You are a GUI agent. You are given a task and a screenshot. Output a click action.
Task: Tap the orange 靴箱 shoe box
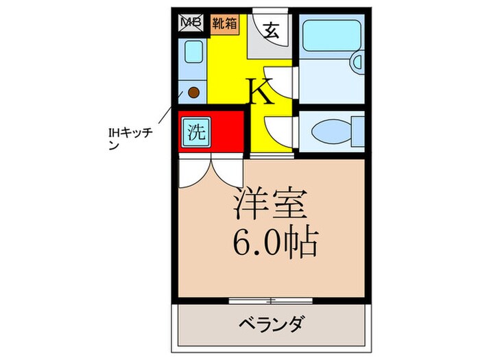click(x=224, y=22)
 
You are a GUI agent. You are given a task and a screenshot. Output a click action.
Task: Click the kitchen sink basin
click(x=193, y=52)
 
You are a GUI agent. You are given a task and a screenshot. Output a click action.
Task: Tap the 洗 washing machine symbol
click(x=195, y=130)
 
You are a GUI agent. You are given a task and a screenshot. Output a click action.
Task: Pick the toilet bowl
click(x=333, y=130)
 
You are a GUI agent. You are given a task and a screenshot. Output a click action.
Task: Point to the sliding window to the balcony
click(x=272, y=300)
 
